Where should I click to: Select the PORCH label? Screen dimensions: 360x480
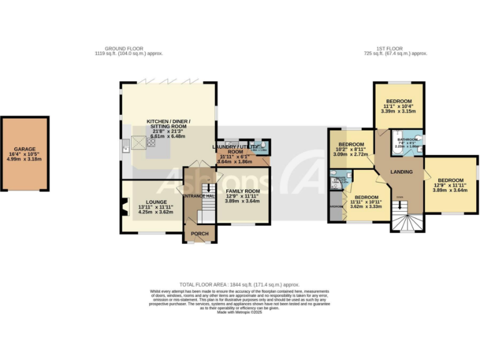click(199, 234)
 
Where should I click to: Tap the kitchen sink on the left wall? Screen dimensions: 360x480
click(126, 147)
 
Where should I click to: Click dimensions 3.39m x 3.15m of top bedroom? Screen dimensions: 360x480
click(398, 112)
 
